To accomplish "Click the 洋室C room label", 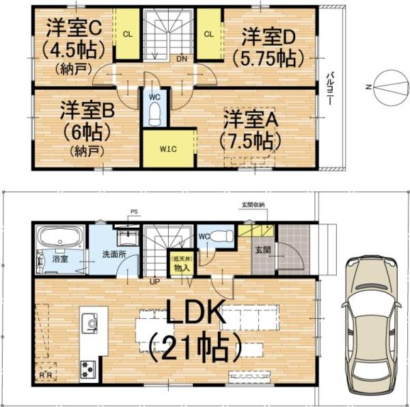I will coord(74,29).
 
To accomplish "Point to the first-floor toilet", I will coord(220,235).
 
